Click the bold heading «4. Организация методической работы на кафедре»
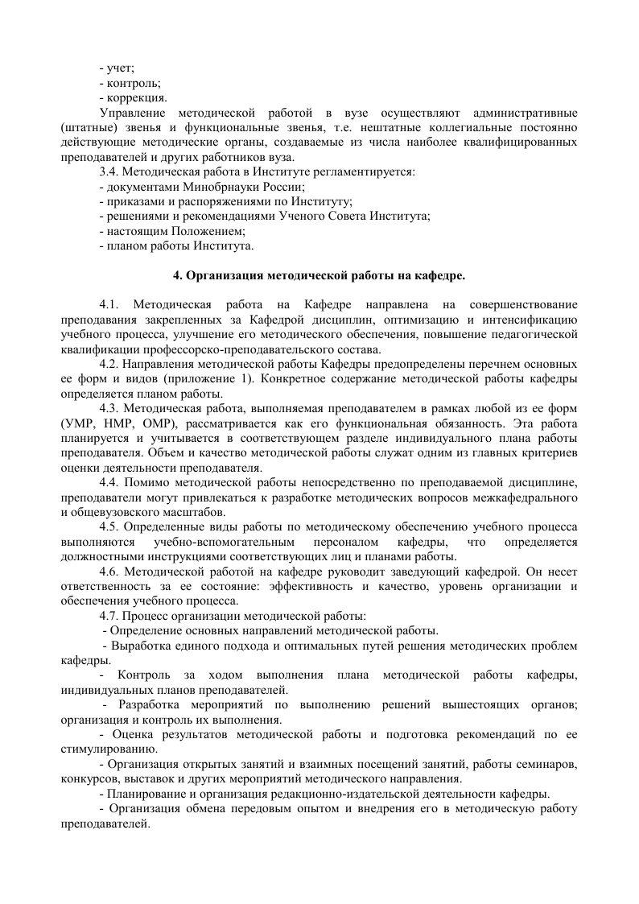319,275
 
